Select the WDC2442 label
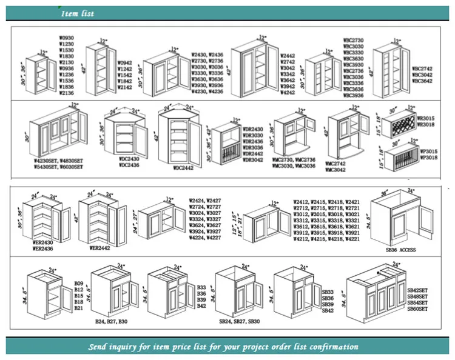(183, 167)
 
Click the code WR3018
(425, 124)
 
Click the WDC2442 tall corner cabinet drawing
(179, 137)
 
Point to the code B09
(78, 284)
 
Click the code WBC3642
(423, 80)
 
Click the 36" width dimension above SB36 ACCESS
(383, 192)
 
